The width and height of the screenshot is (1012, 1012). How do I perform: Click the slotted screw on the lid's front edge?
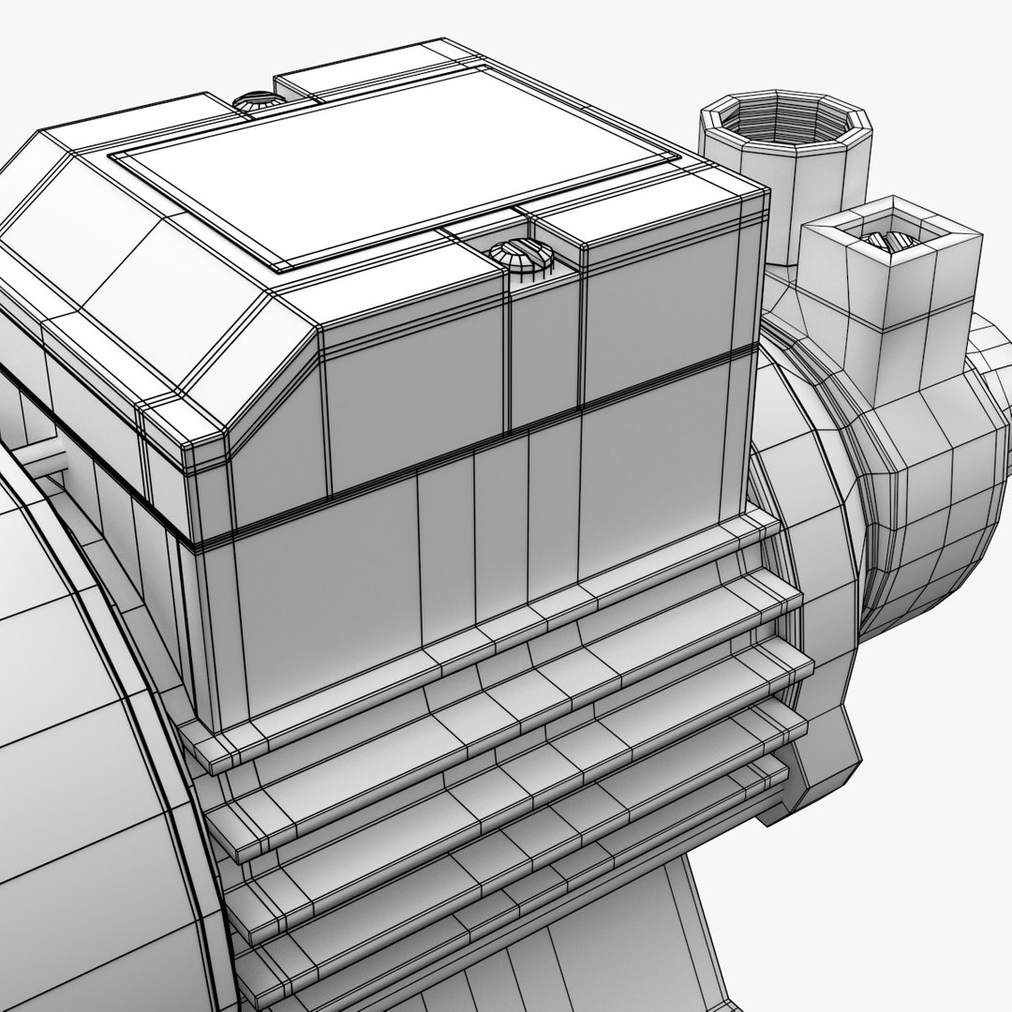coord(514,254)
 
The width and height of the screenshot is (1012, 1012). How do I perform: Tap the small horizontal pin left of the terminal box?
coord(42,459)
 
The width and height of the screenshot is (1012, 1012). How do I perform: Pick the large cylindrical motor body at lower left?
coord(75,796)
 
